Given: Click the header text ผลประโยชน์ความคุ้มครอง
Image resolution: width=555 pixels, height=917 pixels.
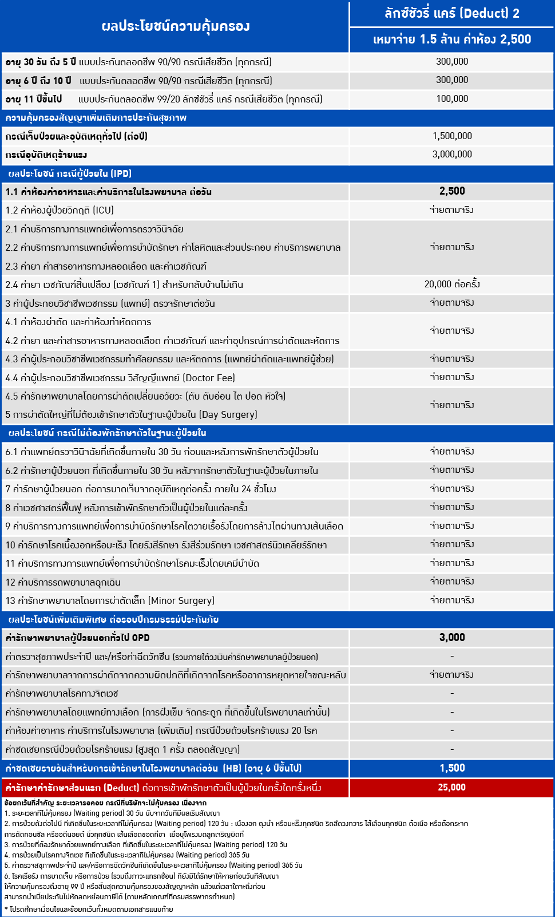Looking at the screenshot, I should [175, 26].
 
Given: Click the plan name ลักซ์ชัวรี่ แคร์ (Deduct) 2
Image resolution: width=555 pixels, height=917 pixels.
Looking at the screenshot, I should [452, 13].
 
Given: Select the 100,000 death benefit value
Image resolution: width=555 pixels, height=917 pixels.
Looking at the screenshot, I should [452, 99].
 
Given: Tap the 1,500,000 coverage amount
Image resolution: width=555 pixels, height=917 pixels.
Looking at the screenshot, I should [452, 136].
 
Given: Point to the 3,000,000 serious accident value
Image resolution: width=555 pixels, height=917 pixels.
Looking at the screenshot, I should [452, 155].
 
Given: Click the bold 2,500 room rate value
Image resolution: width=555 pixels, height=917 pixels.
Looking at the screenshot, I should [452, 191].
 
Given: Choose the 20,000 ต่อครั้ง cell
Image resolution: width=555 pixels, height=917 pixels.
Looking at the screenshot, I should [452, 284].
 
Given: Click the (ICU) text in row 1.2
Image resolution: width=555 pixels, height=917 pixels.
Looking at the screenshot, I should [103, 211].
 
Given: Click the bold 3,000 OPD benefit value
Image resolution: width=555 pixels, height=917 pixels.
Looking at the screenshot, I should [452, 638].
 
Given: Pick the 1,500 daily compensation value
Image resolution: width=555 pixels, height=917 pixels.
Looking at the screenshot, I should [452, 768].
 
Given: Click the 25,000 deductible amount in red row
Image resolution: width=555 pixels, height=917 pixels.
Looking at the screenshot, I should [452, 788].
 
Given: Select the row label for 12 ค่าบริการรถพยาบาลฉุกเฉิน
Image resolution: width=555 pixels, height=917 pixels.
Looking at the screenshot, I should [63, 582].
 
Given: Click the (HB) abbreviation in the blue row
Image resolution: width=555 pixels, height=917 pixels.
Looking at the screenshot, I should [232, 768].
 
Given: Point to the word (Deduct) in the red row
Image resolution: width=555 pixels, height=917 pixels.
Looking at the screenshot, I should [122, 788].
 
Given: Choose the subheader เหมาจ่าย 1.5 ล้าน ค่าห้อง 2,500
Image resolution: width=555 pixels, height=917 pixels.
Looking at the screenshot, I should [452, 39].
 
